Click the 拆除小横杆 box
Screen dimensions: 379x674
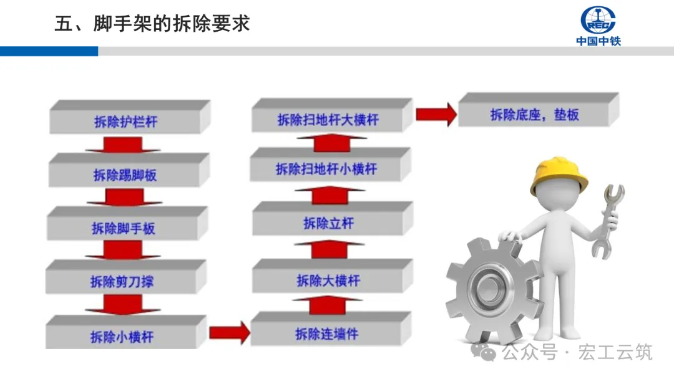(x=122, y=337)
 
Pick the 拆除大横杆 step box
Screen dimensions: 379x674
(x=328, y=280)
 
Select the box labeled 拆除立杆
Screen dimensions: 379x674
(x=328, y=223)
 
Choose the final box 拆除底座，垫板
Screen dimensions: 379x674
(x=534, y=115)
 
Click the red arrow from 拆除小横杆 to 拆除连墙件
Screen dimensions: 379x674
(x=229, y=332)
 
